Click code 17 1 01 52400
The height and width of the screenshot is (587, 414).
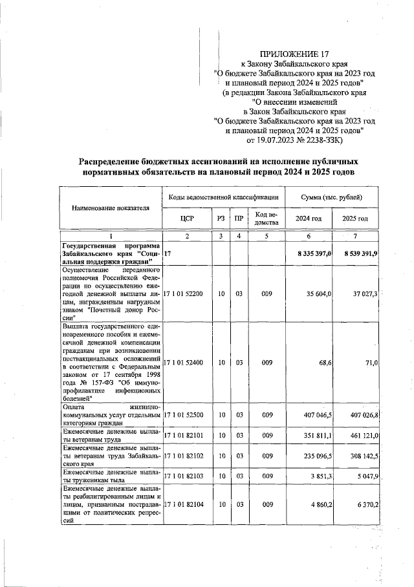[x=186, y=363]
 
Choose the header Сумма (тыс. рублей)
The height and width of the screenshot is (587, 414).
[x=332, y=196]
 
